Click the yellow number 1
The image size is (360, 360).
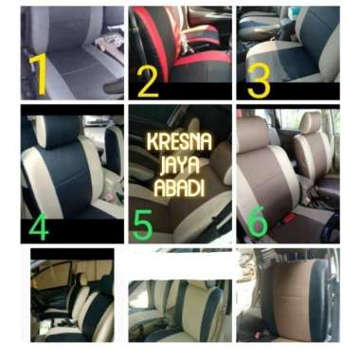(38, 76)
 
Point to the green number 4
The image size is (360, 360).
(39, 227)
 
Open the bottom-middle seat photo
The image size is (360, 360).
(178, 297)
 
